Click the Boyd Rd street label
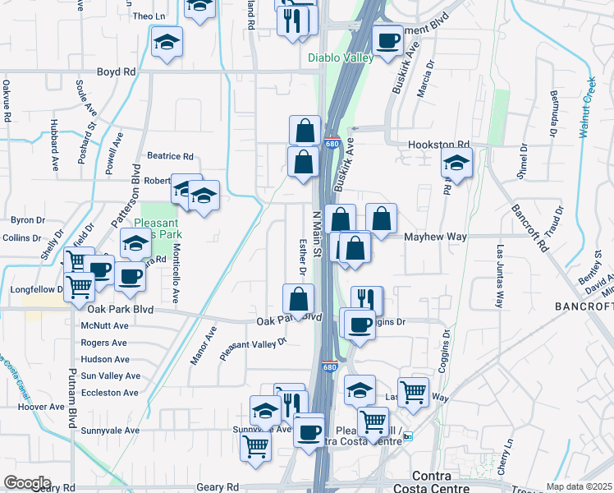(x=116, y=72)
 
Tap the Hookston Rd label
(x=439, y=144)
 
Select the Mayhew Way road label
(x=435, y=237)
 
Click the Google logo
(x=27, y=483)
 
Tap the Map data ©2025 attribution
(x=580, y=486)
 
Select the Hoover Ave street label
(x=41, y=407)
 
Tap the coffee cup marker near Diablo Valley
(x=387, y=40)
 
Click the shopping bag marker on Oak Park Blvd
(x=299, y=299)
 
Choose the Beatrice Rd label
(x=170, y=156)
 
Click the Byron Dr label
(x=26, y=220)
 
